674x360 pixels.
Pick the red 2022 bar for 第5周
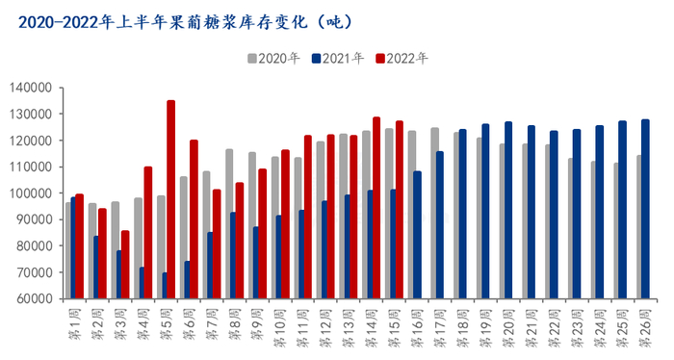(170, 199)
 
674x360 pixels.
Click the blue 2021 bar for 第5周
(165, 285)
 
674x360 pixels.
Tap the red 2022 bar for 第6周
(194, 219)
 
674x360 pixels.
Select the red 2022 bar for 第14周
(376, 208)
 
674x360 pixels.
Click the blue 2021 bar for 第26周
(645, 209)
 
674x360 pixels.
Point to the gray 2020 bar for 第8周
(229, 223)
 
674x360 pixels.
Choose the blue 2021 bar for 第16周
(417, 235)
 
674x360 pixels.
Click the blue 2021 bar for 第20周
(507, 210)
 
